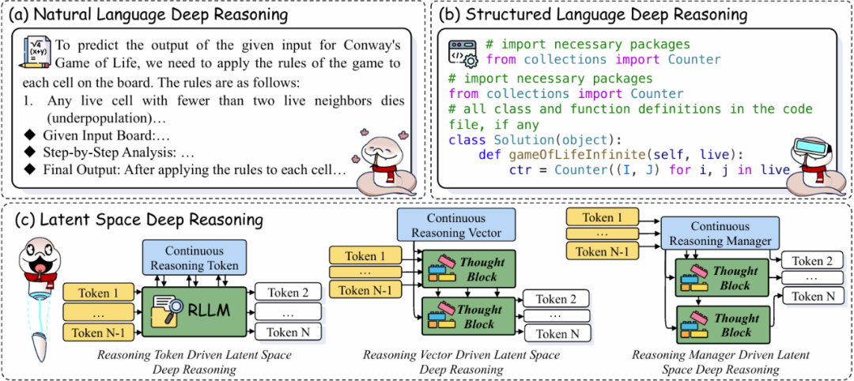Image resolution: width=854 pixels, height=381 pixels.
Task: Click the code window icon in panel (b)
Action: pos(463,51)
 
